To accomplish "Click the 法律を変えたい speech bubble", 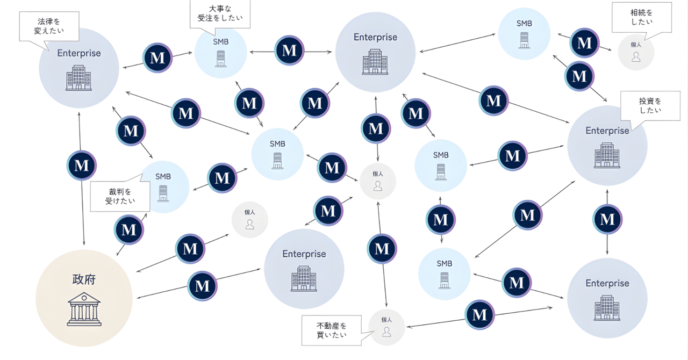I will pyautogui.click(x=49, y=26).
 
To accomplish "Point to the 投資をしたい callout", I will pyautogui.click(x=650, y=105).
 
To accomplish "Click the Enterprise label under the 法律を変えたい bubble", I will pyautogui.click(x=79, y=53).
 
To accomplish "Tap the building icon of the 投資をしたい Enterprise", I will pyautogui.click(x=607, y=155).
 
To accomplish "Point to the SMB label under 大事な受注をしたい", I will pyautogui.click(x=220, y=41).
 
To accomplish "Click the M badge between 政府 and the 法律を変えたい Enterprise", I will pyautogui.click(x=82, y=165).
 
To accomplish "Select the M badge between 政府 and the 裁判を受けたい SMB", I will pyautogui.click(x=129, y=229).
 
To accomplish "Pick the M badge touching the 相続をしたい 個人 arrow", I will pyautogui.click(x=584, y=43).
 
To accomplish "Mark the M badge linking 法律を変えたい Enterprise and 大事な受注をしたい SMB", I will pyautogui.click(x=157, y=57).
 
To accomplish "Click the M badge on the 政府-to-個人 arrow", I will pyautogui.click(x=190, y=249).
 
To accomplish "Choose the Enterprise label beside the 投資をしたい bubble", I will pyautogui.click(x=607, y=131).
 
